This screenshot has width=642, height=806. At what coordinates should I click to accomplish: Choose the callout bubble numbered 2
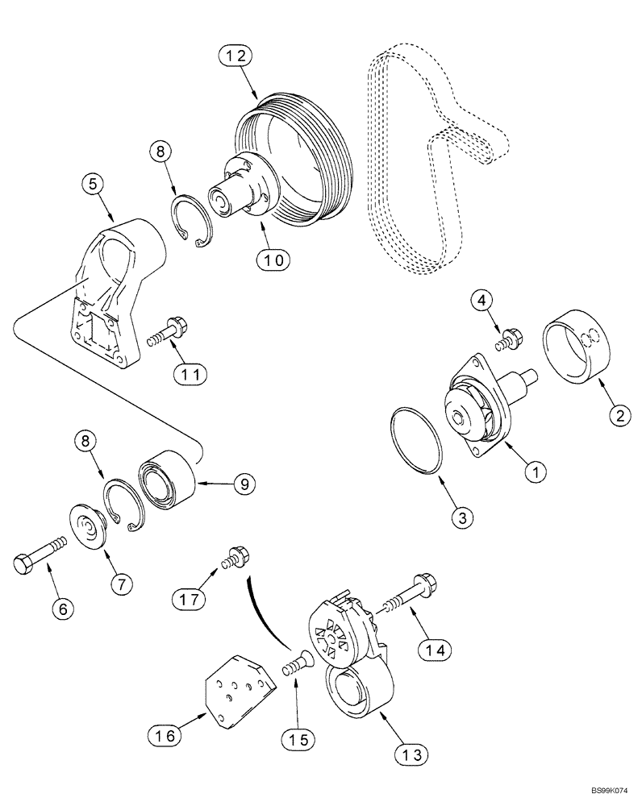pyautogui.click(x=619, y=415)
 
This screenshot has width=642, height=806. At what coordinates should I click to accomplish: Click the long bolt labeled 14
pyautogui.click(x=407, y=592)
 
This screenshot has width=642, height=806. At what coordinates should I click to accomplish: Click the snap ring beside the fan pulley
pyautogui.click(x=194, y=228)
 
